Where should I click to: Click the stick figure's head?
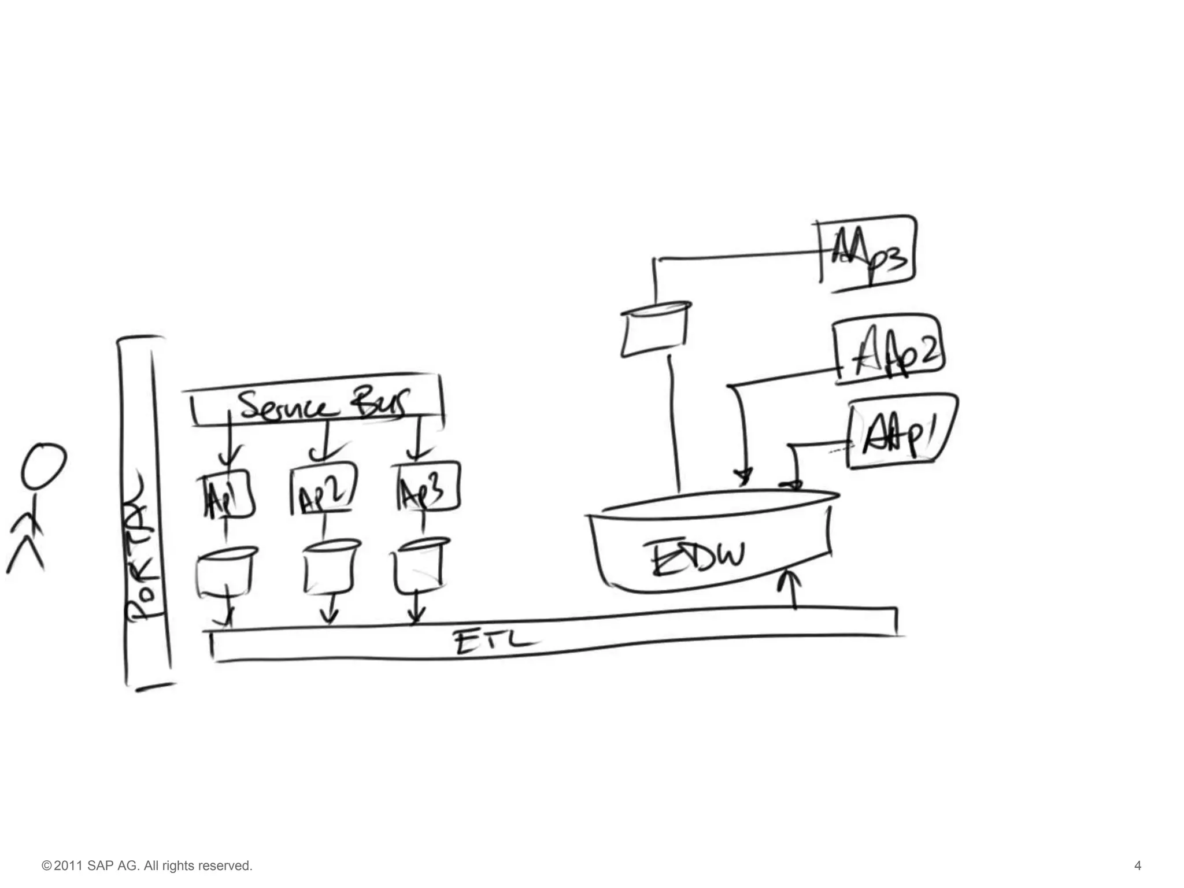coord(43,466)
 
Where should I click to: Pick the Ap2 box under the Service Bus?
coord(323,490)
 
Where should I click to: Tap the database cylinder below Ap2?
coord(330,567)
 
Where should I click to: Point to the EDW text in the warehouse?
coord(697,557)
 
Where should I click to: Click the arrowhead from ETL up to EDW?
coord(793,578)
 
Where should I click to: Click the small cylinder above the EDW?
coord(654,330)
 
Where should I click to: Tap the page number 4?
coord(1137,865)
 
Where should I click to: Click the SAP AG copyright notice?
coord(147,865)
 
